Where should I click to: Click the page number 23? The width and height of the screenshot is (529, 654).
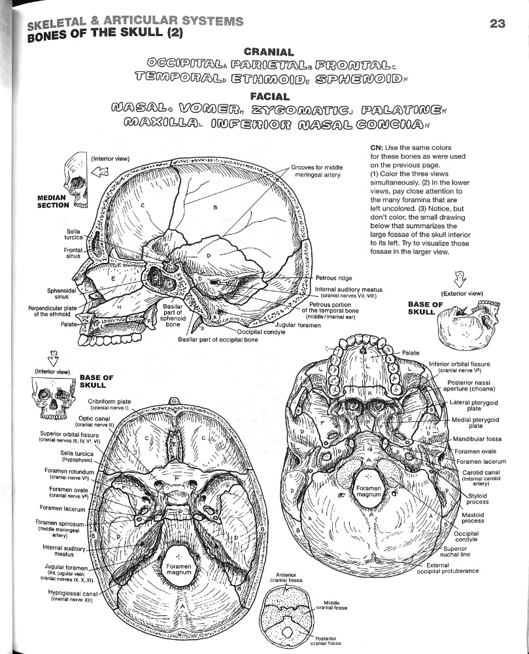coord(498,24)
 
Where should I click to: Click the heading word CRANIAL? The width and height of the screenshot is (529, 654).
coord(268,52)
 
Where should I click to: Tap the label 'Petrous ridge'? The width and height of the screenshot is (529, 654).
coord(334,278)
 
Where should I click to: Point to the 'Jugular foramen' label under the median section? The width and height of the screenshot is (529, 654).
coord(298,325)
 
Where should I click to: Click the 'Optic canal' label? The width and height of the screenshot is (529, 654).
coord(94,421)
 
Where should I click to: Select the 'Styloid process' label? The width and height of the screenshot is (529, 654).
coord(481,498)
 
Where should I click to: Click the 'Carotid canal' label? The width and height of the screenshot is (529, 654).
coord(481,475)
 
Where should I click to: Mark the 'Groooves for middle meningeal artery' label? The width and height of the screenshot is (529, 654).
coord(316,171)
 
